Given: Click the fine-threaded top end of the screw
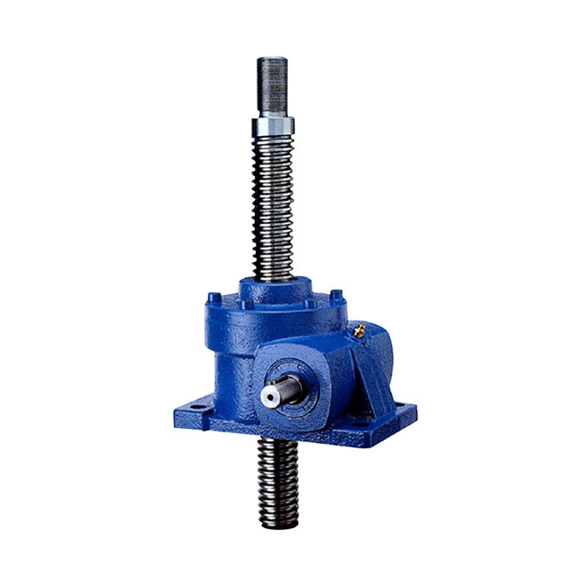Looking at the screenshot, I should (x=273, y=85).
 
